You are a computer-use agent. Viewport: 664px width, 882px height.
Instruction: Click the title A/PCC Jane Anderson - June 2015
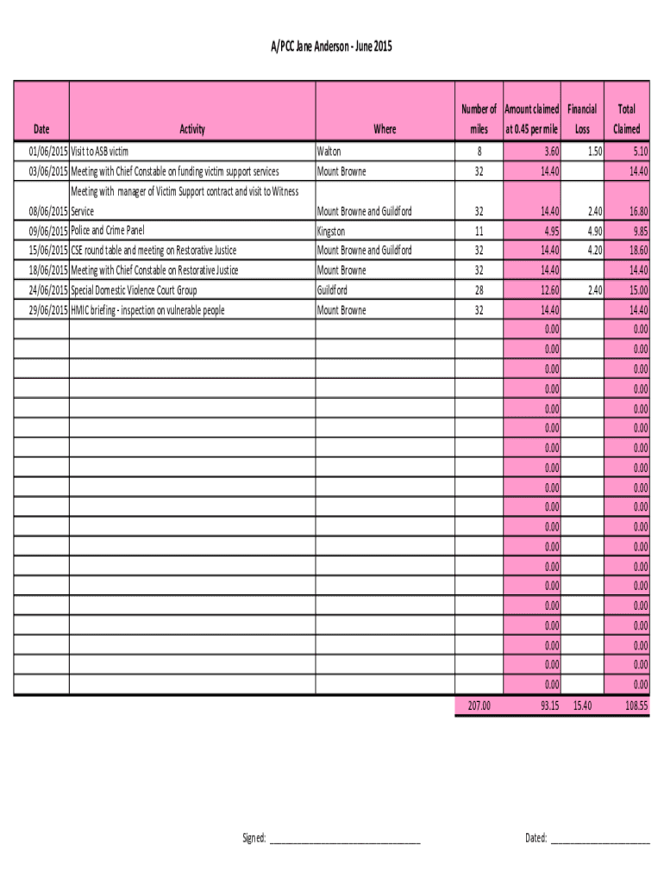[331, 47]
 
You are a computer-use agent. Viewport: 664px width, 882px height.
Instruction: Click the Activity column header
[191, 129]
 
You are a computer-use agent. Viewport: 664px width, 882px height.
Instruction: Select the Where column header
[385, 129]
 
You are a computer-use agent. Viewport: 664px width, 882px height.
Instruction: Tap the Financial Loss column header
[582, 119]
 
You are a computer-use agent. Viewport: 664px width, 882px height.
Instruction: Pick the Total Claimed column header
[626, 119]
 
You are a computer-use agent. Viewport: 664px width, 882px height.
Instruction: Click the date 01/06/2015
[41, 151]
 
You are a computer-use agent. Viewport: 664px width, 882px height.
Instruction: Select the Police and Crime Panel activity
[108, 230]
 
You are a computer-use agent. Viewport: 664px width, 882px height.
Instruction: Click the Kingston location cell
[333, 230]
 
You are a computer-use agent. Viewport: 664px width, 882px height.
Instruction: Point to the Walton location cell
[330, 151]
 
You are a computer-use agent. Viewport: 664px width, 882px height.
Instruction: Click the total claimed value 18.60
[637, 250]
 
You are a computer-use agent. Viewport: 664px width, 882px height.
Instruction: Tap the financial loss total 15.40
[582, 705]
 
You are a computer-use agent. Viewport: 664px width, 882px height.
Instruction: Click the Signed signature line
[344, 838]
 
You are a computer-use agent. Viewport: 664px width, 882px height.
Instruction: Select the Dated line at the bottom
[599, 838]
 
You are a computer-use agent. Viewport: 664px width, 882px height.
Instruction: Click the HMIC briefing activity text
[147, 310]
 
